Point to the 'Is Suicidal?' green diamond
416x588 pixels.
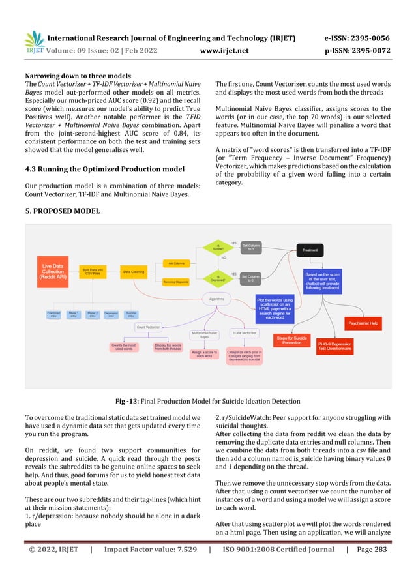[x=215, y=248]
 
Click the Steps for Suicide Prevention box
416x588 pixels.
[x=292, y=340]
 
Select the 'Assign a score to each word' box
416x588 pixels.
[x=204, y=354]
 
